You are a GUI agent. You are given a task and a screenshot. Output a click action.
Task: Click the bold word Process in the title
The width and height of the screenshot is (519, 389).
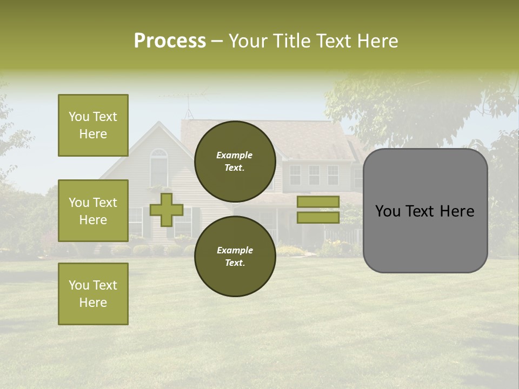tap(170, 41)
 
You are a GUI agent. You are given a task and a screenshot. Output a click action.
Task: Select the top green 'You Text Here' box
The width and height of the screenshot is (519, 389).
tap(93, 125)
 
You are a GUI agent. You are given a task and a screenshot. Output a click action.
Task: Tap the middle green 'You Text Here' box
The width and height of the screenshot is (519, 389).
tap(93, 211)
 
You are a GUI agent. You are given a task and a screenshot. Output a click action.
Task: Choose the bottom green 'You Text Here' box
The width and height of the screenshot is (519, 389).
tap(93, 294)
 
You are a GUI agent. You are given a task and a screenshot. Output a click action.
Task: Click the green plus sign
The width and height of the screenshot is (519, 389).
tap(167, 210)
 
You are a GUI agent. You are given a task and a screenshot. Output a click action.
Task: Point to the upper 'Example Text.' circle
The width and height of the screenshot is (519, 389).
tap(235, 161)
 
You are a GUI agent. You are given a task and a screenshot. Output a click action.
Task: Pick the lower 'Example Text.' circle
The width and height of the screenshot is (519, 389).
tap(235, 256)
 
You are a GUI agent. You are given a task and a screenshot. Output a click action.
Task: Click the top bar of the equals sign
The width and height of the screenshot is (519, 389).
tap(318, 202)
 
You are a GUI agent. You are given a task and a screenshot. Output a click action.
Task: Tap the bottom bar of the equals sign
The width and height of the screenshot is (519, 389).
tap(318, 217)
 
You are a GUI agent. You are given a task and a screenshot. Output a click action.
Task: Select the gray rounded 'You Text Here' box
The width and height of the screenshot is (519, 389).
tap(425, 211)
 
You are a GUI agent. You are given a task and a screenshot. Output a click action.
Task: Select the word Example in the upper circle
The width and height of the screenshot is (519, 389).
tap(235, 155)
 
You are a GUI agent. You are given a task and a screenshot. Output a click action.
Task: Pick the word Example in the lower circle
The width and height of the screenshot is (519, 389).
tap(235, 250)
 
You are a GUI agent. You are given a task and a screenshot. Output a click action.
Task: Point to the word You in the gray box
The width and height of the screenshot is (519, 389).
tap(388, 211)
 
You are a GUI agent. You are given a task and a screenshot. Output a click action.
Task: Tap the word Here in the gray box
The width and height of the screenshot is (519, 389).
tap(457, 211)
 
